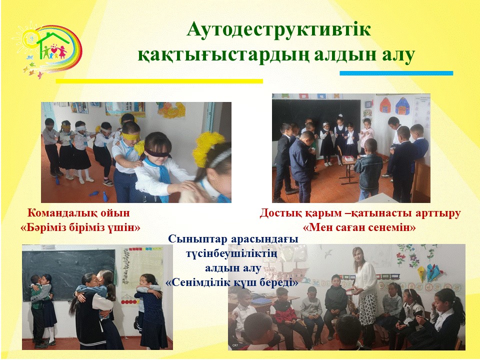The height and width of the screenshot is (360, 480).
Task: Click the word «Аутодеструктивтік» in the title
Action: click(278, 30)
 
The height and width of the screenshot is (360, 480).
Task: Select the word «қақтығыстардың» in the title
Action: click(223, 55)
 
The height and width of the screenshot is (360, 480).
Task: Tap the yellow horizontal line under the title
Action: click(159, 81)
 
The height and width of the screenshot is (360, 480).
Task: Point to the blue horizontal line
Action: click(396, 73)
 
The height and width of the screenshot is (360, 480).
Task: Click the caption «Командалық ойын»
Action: click(78, 213)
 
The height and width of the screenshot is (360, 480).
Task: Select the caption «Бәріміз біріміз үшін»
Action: click(80, 227)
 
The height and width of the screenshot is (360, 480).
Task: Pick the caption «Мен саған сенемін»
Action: click(359, 227)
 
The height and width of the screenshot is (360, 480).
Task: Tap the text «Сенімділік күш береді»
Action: click(231, 282)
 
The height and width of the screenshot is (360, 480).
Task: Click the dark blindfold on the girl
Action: click(156, 153)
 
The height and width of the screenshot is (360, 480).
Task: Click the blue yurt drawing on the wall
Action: click(402, 105)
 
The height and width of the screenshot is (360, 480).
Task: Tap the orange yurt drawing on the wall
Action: click(385, 105)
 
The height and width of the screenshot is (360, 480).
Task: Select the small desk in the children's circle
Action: click(349, 168)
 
